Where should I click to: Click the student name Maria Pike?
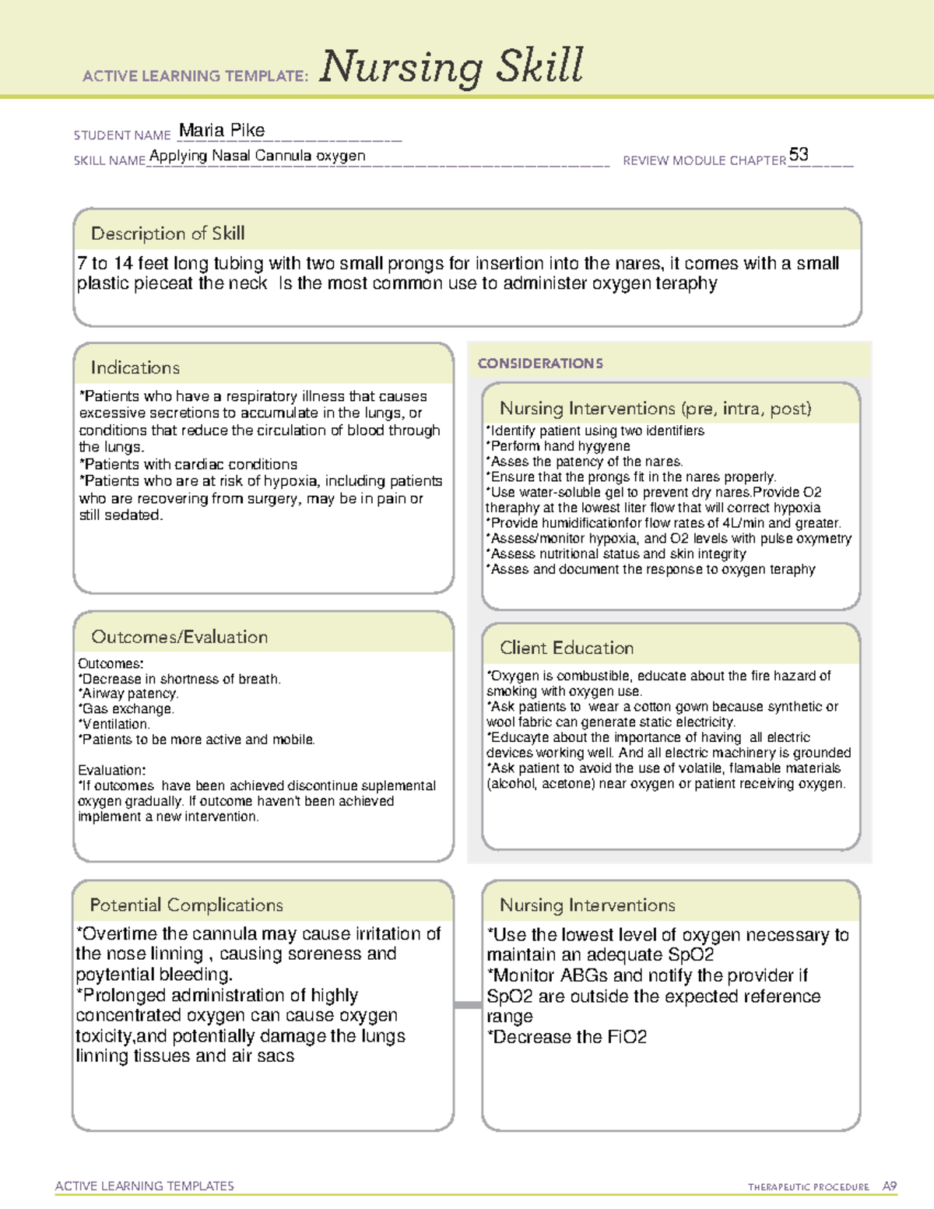(x=222, y=130)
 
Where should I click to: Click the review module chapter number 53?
(x=799, y=154)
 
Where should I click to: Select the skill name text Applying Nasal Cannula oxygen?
(x=257, y=156)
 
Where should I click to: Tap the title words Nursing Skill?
(x=451, y=67)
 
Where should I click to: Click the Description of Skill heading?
(x=167, y=234)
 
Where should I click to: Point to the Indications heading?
(x=135, y=367)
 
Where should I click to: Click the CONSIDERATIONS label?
(x=540, y=364)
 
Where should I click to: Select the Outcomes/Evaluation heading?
(x=179, y=637)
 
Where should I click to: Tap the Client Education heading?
(x=567, y=648)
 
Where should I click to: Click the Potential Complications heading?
(x=186, y=905)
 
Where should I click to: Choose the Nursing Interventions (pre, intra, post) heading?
(x=655, y=409)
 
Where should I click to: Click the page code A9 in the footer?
(x=890, y=1186)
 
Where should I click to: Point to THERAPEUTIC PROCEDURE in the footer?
(x=808, y=1187)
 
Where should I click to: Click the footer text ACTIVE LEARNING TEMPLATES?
(x=145, y=1186)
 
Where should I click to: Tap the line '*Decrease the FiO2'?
(x=567, y=1037)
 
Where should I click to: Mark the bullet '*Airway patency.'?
(x=128, y=694)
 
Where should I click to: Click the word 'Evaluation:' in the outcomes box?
(x=111, y=770)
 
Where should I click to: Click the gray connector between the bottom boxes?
(x=468, y=1005)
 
